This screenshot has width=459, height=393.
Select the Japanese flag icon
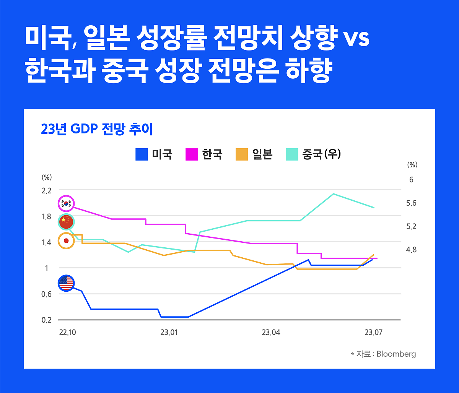tap(66, 240)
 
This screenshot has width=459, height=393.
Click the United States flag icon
tap(66, 283)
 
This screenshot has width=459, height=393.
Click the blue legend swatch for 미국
tap(142, 154)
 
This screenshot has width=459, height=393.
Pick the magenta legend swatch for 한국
tap(191, 154)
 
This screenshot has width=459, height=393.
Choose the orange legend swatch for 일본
tap(241, 154)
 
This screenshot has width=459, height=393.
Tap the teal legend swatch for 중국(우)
tap(292, 154)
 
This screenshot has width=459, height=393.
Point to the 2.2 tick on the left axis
tap(47, 190)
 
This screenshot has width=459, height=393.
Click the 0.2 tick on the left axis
tap(47, 320)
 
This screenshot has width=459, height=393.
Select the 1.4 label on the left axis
tap(47, 242)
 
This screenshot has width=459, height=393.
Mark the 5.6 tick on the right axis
tap(411, 203)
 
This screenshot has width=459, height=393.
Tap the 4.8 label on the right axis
tap(411, 250)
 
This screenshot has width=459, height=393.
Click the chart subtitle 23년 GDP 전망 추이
tap(97, 130)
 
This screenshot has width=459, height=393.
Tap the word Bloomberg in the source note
tap(396, 354)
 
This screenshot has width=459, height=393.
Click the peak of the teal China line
tap(333, 194)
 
